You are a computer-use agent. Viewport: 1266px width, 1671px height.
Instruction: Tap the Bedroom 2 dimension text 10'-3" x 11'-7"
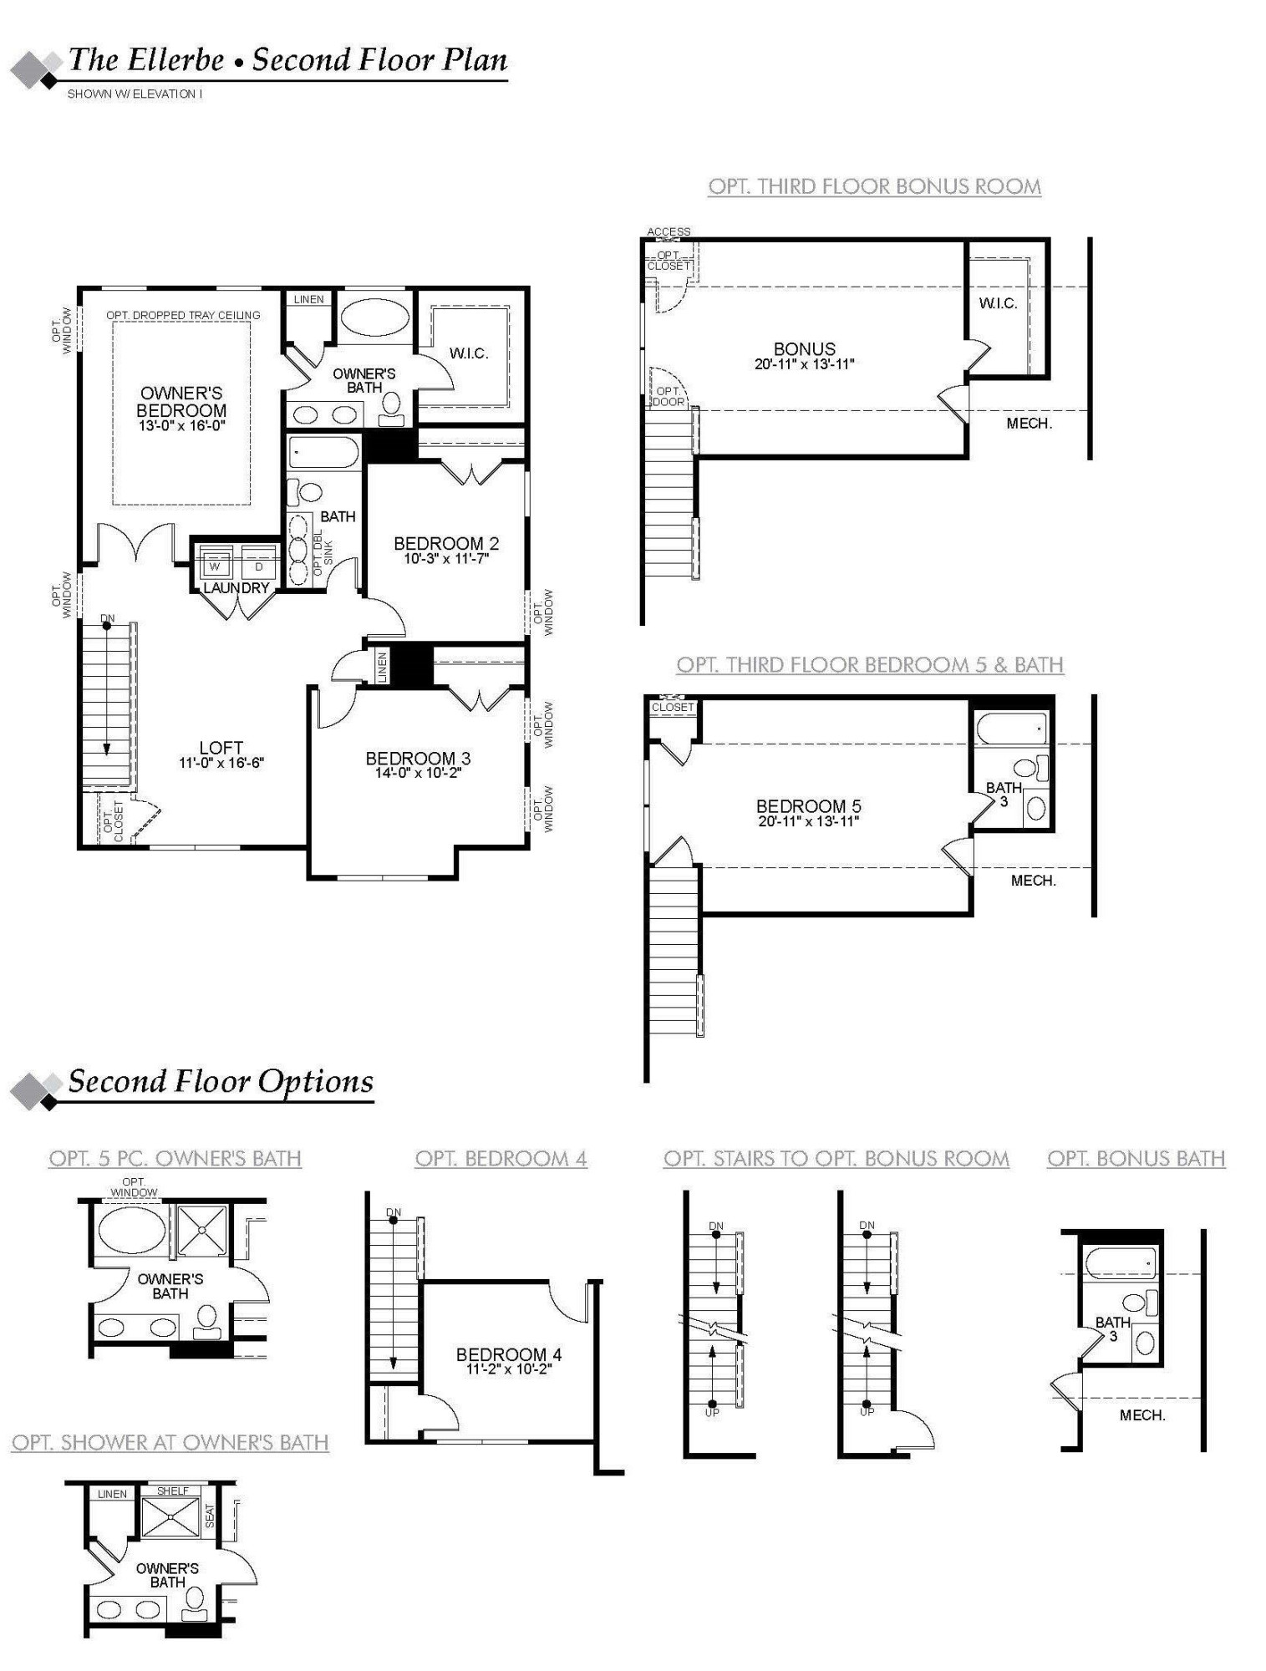pyautogui.click(x=446, y=558)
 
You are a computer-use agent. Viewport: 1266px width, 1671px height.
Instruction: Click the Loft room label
pyautogui.click(x=221, y=748)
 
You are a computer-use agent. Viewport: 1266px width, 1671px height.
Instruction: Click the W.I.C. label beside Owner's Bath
pyautogui.click(x=469, y=353)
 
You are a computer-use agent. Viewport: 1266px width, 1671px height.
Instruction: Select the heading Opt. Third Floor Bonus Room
pyautogui.click(x=874, y=186)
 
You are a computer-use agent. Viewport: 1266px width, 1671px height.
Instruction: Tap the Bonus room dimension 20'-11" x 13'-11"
pyautogui.click(x=804, y=364)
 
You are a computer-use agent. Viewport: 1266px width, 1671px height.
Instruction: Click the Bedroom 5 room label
pyautogui.click(x=808, y=806)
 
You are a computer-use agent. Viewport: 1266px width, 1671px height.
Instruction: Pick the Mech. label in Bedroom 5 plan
pyautogui.click(x=1033, y=881)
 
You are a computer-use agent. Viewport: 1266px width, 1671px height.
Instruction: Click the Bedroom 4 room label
pyautogui.click(x=508, y=1354)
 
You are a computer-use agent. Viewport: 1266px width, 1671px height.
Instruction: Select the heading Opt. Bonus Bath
pyautogui.click(x=1136, y=1159)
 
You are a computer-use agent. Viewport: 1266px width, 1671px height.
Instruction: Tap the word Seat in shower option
pyautogui.click(x=210, y=1516)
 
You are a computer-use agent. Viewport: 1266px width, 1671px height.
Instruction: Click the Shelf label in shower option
pyautogui.click(x=173, y=1491)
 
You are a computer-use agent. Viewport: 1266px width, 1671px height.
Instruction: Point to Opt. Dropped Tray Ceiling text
pyautogui.click(x=183, y=315)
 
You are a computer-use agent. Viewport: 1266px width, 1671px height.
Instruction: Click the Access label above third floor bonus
pyautogui.click(x=669, y=231)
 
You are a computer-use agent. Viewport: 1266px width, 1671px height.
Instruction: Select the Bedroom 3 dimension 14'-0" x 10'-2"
pyautogui.click(x=418, y=773)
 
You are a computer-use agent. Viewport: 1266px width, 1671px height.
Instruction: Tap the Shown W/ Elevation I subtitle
pyautogui.click(x=135, y=94)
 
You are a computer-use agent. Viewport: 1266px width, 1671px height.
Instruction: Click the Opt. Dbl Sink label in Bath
pyautogui.click(x=323, y=551)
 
